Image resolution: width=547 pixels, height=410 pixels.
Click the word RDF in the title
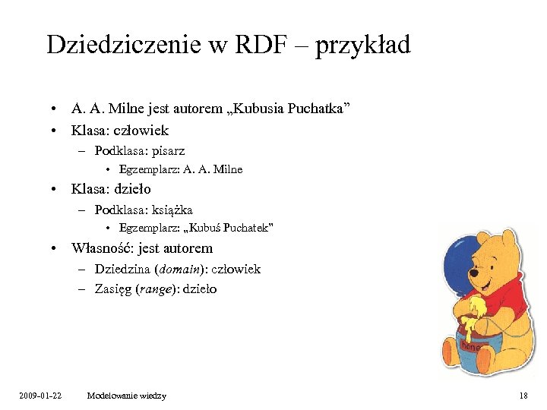[x=263, y=45]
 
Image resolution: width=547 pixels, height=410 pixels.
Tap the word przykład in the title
[x=363, y=46]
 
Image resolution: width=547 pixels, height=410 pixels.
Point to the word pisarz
[x=168, y=150]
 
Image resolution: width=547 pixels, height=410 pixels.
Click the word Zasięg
[x=112, y=289]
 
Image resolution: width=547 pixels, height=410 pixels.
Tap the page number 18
[x=523, y=396]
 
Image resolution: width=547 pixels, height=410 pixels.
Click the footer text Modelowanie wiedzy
[x=127, y=396]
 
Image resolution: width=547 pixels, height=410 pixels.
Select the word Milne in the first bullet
[x=135, y=109]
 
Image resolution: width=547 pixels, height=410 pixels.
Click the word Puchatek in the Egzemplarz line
[x=246, y=228]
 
